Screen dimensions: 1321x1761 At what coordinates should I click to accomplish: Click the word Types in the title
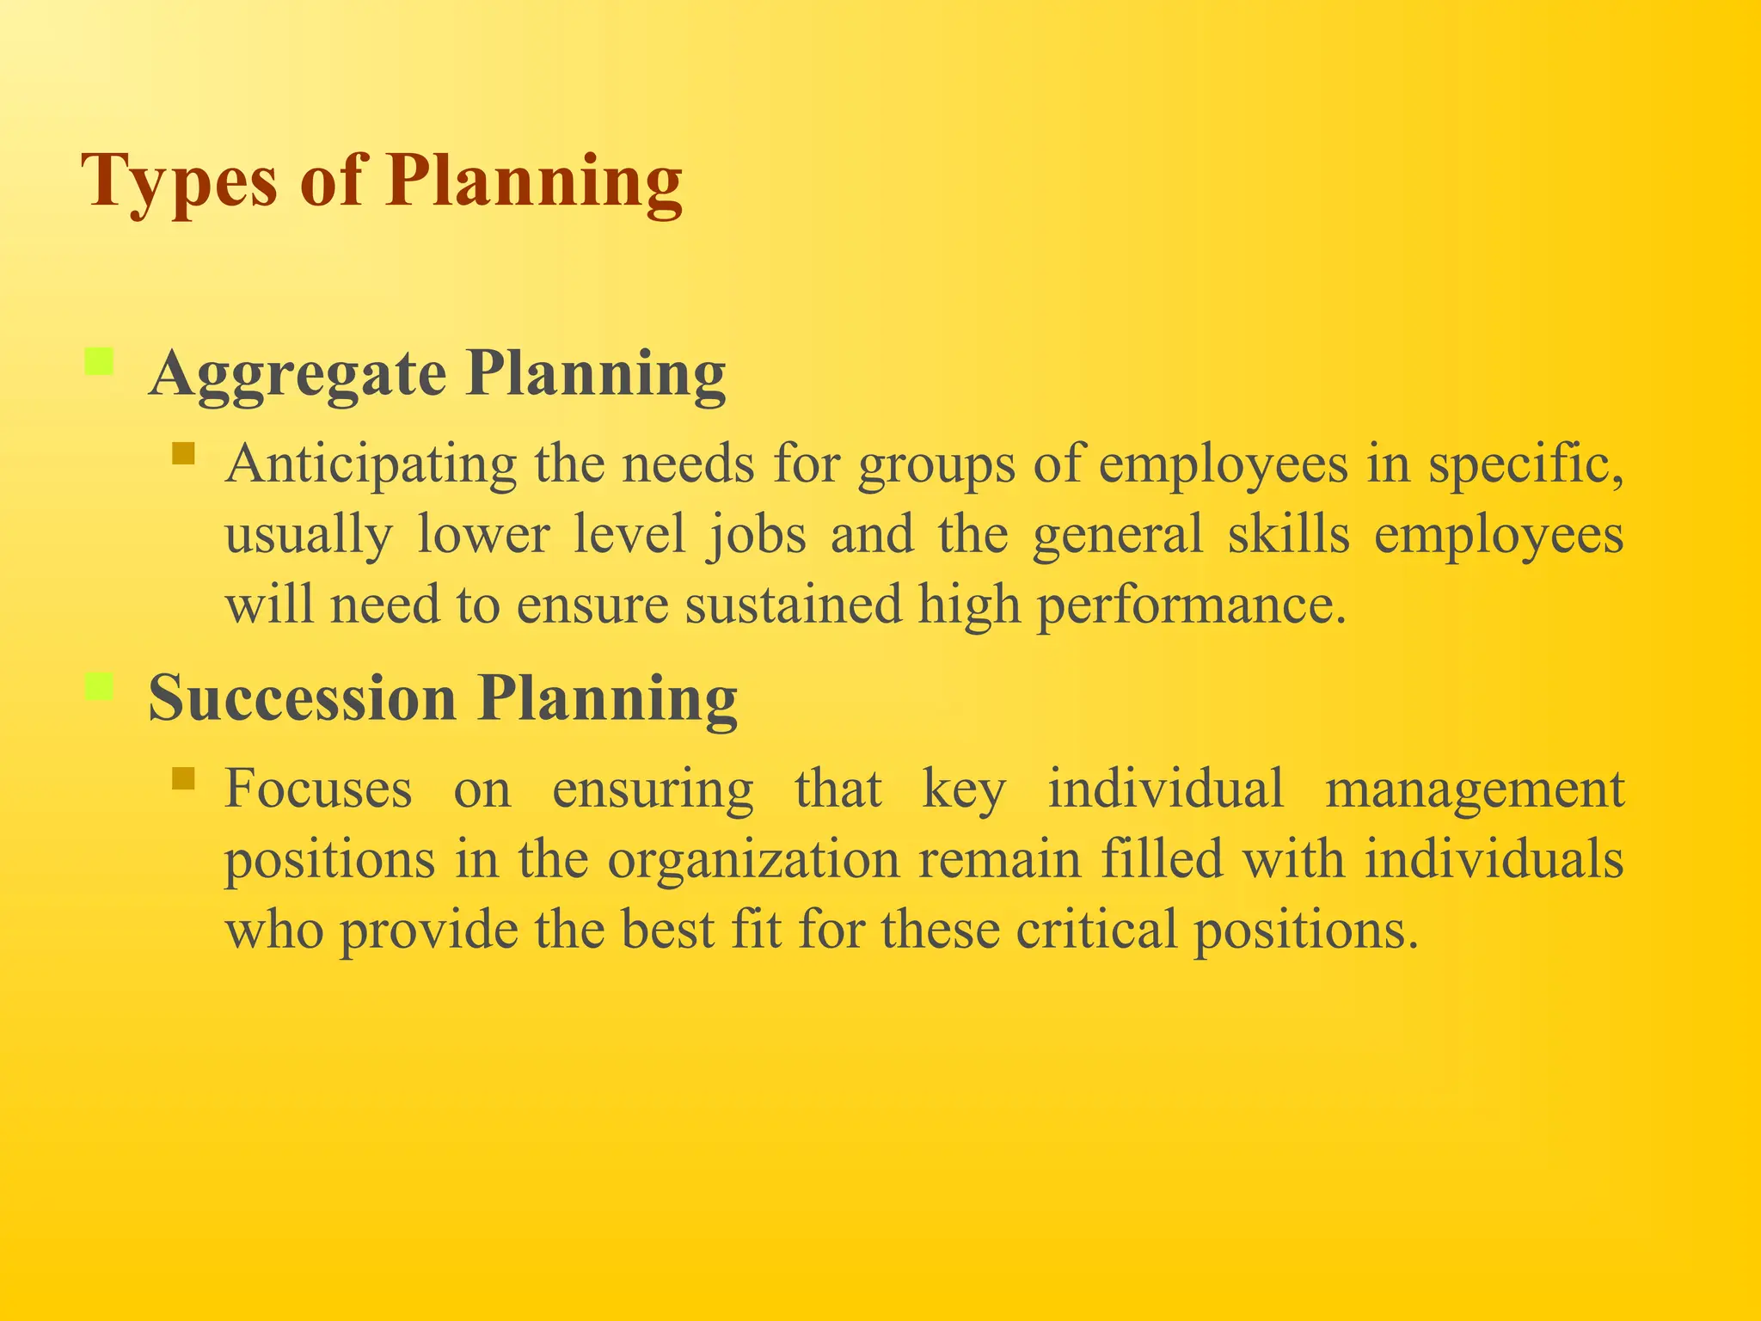(x=179, y=182)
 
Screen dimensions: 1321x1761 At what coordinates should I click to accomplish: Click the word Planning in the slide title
(x=534, y=182)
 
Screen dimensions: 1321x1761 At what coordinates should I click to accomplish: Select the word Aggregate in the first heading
(x=298, y=376)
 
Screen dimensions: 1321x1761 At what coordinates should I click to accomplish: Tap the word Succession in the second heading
(x=302, y=698)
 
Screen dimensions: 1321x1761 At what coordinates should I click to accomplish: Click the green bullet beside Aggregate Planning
(x=100, y=361)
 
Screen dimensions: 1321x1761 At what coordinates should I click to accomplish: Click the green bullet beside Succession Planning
(x=100, y=686)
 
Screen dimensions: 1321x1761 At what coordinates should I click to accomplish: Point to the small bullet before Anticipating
(x=183, y=453)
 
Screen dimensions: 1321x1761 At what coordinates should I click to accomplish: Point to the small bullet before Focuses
(x=183, y=778)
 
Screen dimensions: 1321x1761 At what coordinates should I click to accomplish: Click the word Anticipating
(x=371, y=465)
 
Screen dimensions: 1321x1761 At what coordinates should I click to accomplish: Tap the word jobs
(x=757, y=535)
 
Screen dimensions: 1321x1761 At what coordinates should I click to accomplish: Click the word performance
(x=1190, y=605)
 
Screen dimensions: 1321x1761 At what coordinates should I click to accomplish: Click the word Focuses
(x=318, y=789)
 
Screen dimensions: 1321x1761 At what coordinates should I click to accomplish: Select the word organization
(x=753, y=860)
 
